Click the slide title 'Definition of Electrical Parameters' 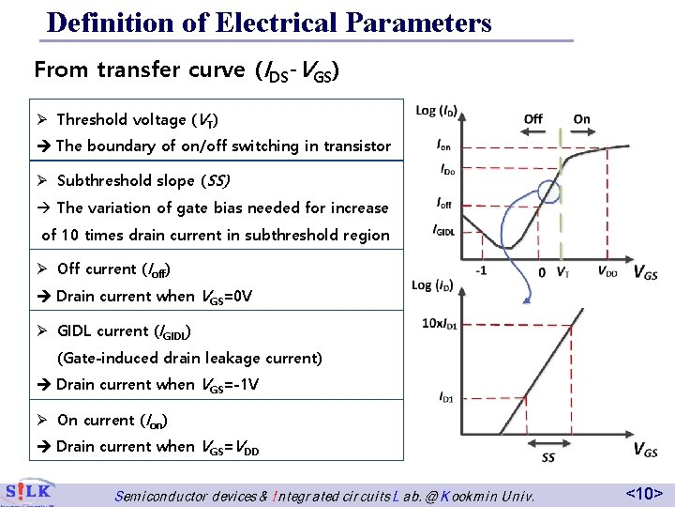click(x=269, y=22)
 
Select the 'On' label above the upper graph click(x=581, y=119)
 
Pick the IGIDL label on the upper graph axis click(x=443, y=230)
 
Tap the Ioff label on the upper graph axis click(x=443, y=202)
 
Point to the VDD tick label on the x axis click(x=607, y=273)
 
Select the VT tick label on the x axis click(x=562, y=273)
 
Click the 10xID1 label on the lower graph click(x=440, y=324)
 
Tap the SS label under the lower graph click(x=548, y=458)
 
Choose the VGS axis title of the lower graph click(x=644, y=451)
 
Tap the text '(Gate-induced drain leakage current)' click(x=189, y=358)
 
